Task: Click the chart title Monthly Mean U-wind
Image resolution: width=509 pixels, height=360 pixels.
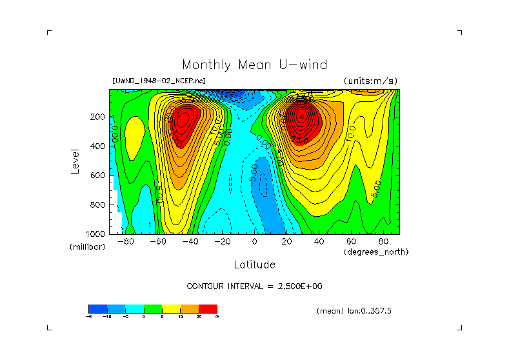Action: pos(254,65)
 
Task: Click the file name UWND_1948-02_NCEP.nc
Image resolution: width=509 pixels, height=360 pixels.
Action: pos(159,81)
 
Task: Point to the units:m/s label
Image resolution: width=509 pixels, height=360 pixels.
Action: pos(370,81)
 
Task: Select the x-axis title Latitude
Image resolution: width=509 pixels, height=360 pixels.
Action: pos(254,265)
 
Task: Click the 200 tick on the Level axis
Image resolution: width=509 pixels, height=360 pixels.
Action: pos(98,117)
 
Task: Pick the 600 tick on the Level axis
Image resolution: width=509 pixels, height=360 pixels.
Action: pos(98,175)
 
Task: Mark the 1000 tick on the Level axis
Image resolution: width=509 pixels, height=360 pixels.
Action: pos(96,234)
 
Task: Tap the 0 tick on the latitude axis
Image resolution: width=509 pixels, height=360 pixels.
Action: pos(254,241)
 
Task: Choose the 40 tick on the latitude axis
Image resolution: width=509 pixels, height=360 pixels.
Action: pos(319,241)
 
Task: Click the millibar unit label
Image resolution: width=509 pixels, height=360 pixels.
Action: pos(87,247)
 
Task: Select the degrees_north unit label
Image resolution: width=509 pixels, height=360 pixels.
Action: pos(376,252)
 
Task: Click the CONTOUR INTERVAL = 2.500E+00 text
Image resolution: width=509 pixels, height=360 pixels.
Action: pos(254,286)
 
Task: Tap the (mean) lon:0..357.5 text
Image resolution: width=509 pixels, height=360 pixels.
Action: pos(354,311)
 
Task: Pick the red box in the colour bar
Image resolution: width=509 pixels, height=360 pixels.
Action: pos(208,308)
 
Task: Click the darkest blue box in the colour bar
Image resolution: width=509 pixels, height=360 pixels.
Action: pos(97,308)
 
